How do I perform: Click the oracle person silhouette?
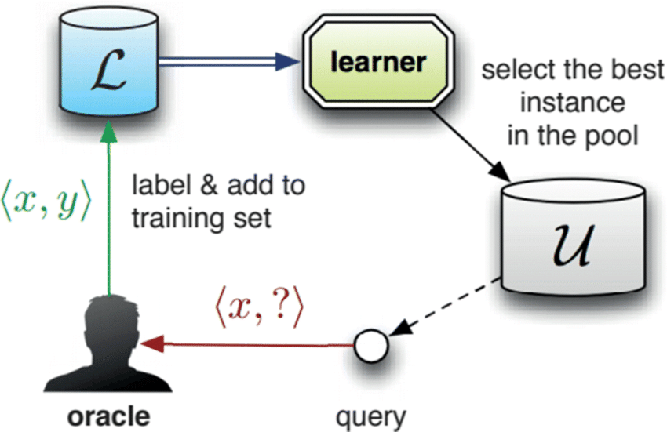tap(111, 345)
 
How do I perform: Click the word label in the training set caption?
tap(158, 188)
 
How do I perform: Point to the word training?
tap(177, 219)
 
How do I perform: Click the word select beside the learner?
tap(518, 73)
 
